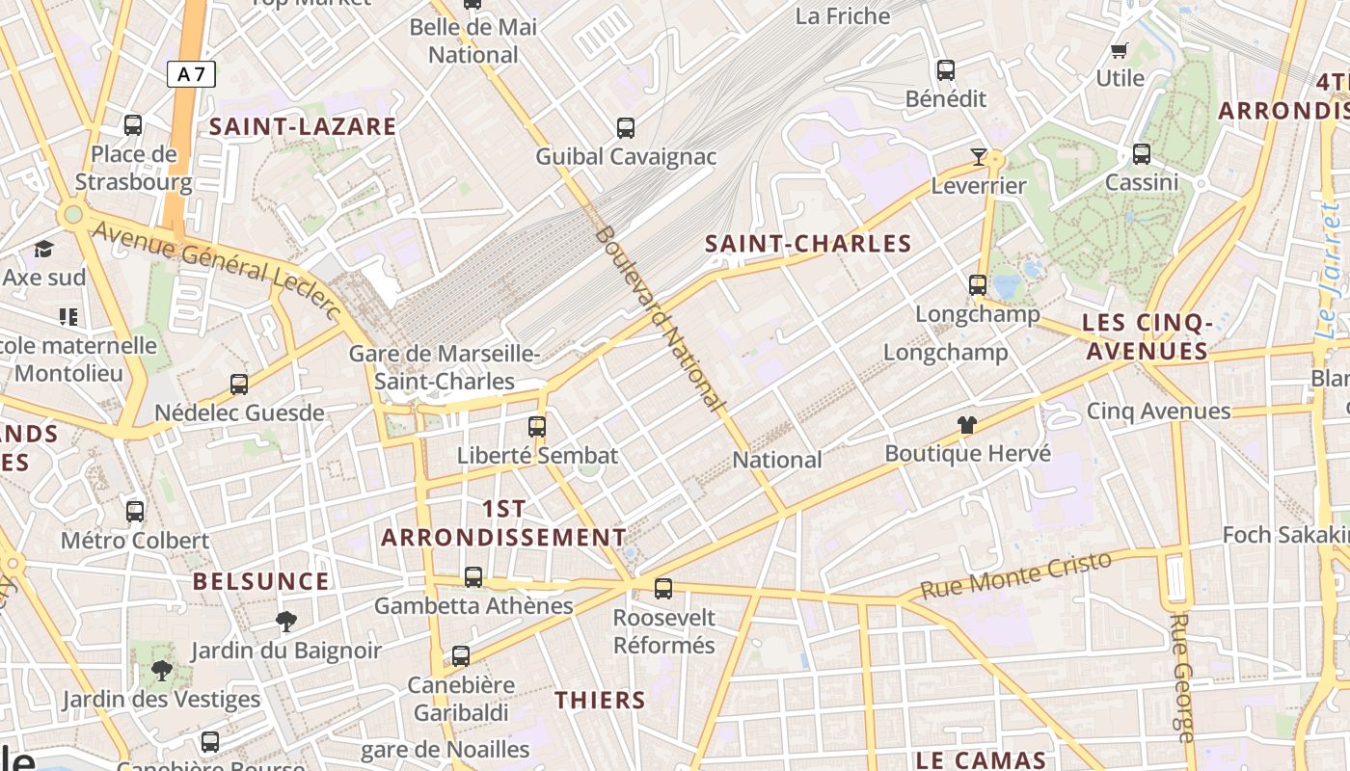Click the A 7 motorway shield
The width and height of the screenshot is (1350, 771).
click(191, 74)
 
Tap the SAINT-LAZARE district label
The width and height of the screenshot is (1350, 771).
click(303, 126)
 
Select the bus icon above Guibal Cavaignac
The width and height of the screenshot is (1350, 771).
click(626, 127)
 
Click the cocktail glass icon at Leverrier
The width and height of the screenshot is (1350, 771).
click(979, 156)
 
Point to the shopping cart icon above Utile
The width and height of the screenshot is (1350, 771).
click(1120, 50)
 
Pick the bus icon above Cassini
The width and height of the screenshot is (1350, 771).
click(1142, 153)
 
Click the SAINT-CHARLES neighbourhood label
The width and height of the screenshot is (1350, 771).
click(808, 244)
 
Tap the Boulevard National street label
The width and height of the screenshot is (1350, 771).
click(661, 318)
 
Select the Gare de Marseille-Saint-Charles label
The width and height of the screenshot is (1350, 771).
click(445, 367)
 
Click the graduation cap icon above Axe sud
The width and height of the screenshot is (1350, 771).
click(43, 250)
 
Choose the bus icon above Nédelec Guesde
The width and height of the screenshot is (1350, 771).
click(239, 384)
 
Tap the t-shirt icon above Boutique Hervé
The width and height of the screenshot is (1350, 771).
click(967, 425)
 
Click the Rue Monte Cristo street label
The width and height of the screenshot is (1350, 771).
click(1016, 574)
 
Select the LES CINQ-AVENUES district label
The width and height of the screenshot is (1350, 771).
click(1146, 336)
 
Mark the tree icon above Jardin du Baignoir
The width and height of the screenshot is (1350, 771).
click(285, 621)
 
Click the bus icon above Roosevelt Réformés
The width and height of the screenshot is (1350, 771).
click(663, 588)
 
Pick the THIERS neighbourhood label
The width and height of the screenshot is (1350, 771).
click(600, 700)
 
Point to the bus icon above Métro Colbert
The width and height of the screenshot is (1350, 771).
click(135, 512)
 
